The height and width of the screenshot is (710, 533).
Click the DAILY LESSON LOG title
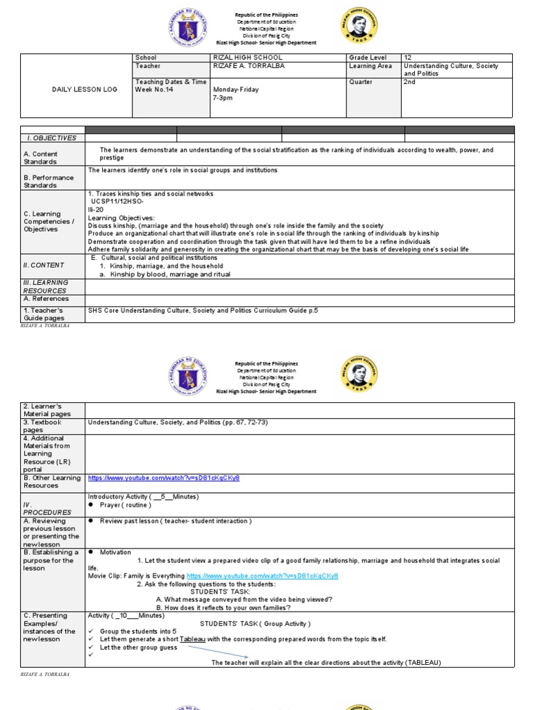76,89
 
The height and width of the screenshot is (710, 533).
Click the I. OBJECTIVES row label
45,138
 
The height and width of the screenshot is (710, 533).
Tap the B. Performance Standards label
49,182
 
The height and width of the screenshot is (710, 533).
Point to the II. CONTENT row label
44,265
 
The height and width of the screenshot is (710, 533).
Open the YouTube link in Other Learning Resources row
164,478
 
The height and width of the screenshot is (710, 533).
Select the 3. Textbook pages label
42,426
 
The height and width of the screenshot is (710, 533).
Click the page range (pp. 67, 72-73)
237,422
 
